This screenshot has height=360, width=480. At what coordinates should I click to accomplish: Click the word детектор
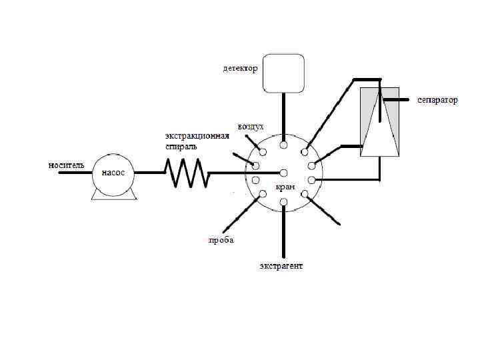(240, 68)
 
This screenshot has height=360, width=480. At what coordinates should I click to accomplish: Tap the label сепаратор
(438, 100)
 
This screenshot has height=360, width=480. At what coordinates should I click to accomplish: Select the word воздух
(251, 126)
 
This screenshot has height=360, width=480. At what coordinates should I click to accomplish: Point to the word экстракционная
(197, 136)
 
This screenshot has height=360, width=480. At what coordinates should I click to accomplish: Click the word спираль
(181, 146)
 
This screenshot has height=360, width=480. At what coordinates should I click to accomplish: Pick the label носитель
(65, 164)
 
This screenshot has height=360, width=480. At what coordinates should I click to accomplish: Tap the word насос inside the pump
(113, 173)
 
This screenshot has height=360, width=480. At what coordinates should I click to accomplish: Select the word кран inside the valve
(285, 187)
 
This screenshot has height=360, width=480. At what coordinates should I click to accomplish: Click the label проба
(221, 240)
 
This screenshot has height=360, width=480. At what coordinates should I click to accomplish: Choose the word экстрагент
(281, 266)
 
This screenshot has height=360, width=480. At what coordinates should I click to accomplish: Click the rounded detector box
(283, 73)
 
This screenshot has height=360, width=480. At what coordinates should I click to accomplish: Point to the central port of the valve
(284, 173)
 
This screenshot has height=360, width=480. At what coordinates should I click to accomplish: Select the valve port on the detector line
(284, 145)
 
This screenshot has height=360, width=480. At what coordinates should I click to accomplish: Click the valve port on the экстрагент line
(284, 202)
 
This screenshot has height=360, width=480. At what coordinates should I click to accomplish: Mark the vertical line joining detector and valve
(284, 117)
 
